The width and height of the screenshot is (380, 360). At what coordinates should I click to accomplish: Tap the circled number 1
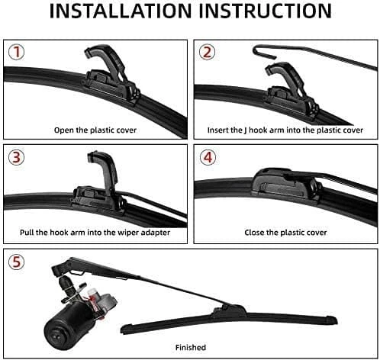pos(16,53)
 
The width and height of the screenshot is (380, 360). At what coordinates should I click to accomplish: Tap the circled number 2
pos(207,53)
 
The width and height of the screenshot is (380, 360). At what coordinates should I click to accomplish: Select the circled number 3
pos(16,158)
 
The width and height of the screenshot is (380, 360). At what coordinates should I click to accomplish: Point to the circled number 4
pos(207,158)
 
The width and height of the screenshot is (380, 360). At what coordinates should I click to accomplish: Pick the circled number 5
pos(16,262)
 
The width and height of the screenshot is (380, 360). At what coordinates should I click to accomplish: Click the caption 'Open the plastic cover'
pos(95,130)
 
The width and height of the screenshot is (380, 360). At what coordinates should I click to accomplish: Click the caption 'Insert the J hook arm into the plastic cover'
pos(285,130)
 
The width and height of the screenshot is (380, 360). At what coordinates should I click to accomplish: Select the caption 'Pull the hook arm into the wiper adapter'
pos(95,232)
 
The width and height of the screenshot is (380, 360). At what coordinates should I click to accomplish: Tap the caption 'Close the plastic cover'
pos(285,232)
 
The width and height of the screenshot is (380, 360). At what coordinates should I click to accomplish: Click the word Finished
pos(190,347)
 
